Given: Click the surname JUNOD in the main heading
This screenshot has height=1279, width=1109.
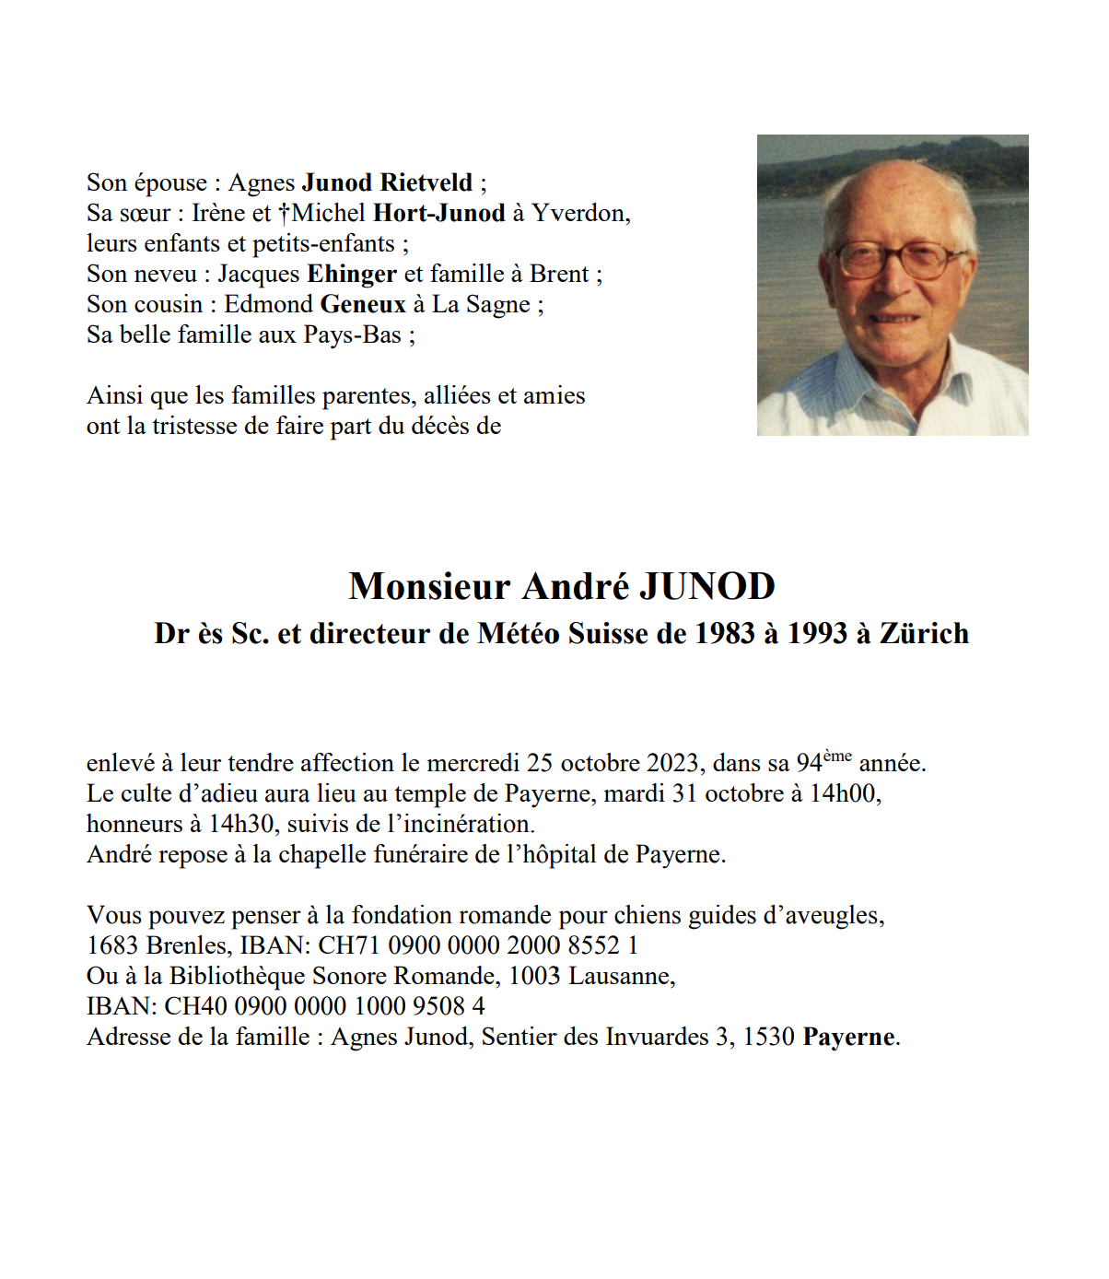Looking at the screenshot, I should pyautogui.click(x=706, y=587).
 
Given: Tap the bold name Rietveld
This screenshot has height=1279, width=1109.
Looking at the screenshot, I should pyautogui.click(x=426, y=182).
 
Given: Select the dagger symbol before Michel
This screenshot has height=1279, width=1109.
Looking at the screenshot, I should pyautogui.click(x=285, y=213).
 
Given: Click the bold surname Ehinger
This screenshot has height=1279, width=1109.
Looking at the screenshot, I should pyautogui.click(x=351, y=274).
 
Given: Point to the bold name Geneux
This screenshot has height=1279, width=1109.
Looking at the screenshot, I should pyautogui.click(x=363, y=304).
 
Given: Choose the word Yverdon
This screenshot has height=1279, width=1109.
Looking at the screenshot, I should pyautogui.click(x=580, y=213).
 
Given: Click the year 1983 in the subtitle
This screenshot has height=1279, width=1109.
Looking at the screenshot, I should pyautogui.click(x=725, y=634).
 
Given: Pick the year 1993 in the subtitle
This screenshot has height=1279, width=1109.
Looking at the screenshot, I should pyautogui.click(x=817, y=634).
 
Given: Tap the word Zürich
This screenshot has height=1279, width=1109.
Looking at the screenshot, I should pyautogui.click(x=924, y=634).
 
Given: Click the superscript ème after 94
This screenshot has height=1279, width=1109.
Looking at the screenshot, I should pyautogui.click(x=837, y=757).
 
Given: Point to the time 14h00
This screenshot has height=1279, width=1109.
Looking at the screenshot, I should pyautogui.click(x=845, y=794).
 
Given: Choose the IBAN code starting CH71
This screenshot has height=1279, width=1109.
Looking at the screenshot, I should pyautogui.click(x=478, y=946).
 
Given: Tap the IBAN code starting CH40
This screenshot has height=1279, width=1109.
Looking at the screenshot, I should pyautogui.click(x=324, y=1007).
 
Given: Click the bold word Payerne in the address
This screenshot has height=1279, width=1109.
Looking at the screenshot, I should pyautogui.click(x=848, y=1038).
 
